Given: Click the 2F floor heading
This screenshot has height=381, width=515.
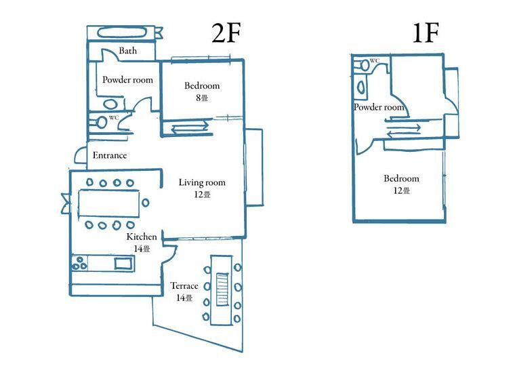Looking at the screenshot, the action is pyautogui.click(x=226, y=33).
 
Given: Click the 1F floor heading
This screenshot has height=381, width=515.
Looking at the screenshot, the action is pyautogui.click(x=426, y=33).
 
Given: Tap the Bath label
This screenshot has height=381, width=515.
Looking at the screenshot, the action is pyautogui.click(x=128, y=51).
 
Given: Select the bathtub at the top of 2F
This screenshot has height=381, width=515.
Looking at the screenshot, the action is pyautogui.click(x=123, y=33).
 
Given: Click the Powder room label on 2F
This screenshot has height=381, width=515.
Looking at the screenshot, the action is pyautogui.click(x=127, y=80).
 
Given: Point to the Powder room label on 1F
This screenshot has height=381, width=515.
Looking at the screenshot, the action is pyautogui.click(x=379, y=107).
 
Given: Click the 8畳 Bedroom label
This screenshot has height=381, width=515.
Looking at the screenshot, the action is pyautogui.click(x=202, y=92).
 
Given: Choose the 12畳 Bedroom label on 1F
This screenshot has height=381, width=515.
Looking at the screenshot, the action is pyautogui.click(x=401, y=184).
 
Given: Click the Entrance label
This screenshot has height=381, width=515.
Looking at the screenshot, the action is pyautogui.click(x=110, y=155).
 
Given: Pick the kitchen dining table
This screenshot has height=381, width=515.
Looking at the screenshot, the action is pyautogui.click(x=108, y=204).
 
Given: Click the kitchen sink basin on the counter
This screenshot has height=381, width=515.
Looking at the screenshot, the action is pyautogui.click(x=123, y=264).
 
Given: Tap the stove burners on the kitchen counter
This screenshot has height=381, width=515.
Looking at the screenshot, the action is pyautogui.click(x=79, y=263).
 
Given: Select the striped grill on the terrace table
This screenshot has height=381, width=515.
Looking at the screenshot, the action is pyautogui.click(x=222, y=289).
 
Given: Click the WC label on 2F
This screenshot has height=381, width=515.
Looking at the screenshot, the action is pyautogui.click(x=114, y=117).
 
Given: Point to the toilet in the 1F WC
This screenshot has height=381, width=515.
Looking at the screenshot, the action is pyautogui.click(x=364, y=64).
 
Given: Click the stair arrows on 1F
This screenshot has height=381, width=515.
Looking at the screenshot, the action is pyautogui.click(x=403, y=131).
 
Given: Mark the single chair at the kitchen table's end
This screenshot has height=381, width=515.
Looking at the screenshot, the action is pyautogui.click(x=145, y=203).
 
